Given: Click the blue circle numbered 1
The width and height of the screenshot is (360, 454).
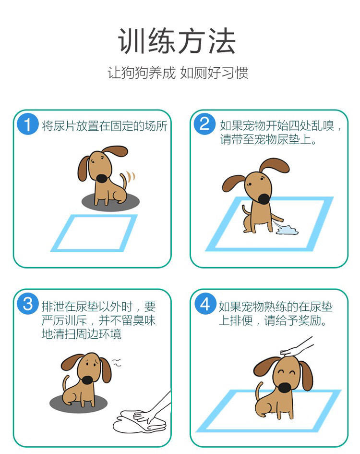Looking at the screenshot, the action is (28, 124).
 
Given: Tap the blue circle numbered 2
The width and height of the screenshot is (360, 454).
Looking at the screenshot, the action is (204, 124).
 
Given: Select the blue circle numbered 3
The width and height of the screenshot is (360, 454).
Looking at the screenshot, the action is (28, 304).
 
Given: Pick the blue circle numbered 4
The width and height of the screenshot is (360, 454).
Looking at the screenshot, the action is (205, 304).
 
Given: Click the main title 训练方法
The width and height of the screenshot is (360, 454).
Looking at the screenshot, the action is (177, 41).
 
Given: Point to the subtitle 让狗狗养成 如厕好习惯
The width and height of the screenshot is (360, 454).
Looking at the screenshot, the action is (178, 73).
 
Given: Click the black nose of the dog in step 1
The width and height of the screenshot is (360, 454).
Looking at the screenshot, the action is (102, 178).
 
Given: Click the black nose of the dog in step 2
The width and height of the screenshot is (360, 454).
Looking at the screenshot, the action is (264, 198).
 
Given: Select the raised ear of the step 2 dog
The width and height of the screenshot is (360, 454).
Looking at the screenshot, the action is (274, 165).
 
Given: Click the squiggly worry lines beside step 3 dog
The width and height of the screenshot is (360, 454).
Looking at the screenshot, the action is (117, 362).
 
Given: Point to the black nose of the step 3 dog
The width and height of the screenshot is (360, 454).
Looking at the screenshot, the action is (87, 380).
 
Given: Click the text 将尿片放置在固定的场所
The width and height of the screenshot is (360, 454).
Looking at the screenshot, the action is (105, 126).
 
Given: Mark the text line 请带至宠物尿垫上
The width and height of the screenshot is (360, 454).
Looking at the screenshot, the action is (268, 139).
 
